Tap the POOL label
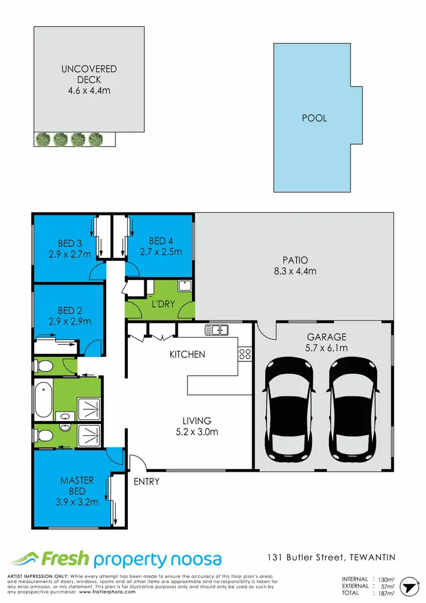click(314, 119)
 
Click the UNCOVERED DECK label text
click(89, 74)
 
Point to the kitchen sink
click(216, 329)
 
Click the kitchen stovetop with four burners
click(245, 354)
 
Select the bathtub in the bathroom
click(44, 401)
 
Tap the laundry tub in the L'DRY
click(185, 285)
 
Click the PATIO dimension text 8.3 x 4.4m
click(294, 271)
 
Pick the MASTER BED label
click(77, 486)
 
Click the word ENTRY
click(147, 482)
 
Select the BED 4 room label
click(161, 240)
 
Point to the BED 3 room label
click(70, 244)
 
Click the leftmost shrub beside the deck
click(42, 138)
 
